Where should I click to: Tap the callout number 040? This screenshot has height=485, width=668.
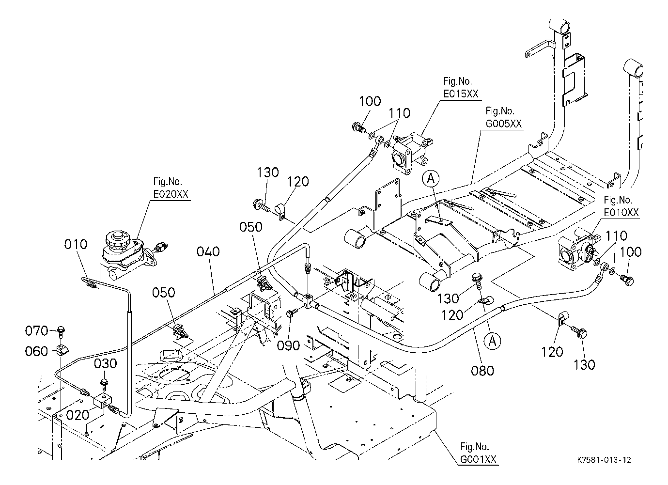click(209, 252)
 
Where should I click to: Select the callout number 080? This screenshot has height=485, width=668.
click(482, 371)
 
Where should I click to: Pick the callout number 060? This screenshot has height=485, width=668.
click(37, 351)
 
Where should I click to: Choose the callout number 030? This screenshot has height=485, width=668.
click(106, 363)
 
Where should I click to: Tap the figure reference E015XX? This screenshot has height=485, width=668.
click(461, 94)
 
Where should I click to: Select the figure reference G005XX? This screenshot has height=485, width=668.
click(504, 124)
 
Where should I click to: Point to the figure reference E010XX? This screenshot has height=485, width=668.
click(621, 212)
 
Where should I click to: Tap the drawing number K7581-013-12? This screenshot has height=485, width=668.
click(604, 460)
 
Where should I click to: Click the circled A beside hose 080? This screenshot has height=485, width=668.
click(493, 341)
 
